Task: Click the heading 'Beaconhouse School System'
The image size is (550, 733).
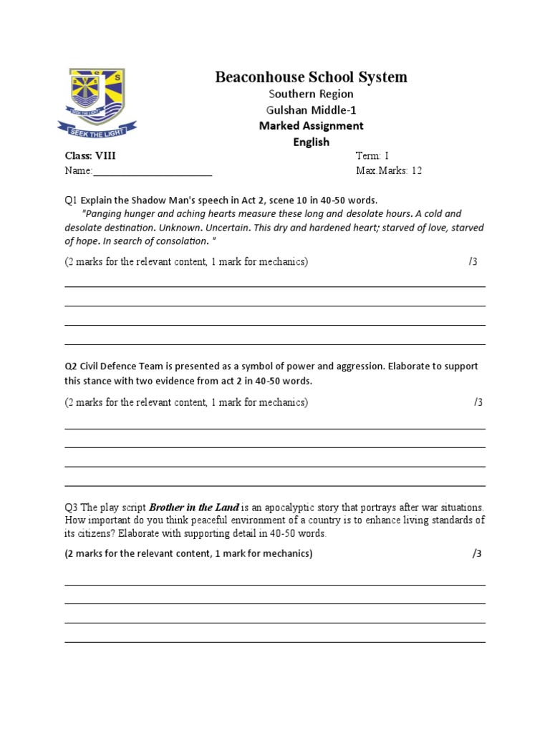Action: click(x=311, y=77)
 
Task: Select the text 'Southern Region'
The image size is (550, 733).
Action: click(x=311, y=94)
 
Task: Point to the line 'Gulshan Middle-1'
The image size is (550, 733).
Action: click(x=311, y=110)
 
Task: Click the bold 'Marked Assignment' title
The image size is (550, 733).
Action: click(x=311, y=126)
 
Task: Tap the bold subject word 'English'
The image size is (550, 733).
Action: click(x=311, y=142)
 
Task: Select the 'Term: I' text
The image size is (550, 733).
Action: click(x=372, y=156)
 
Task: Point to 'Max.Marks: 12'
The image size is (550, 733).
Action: click(x=389, y=171)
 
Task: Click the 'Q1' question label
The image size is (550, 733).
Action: click(x=72, y=200)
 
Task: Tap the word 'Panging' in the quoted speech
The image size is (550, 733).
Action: click(x=105, y=213)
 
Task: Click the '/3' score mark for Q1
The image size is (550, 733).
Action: click(x=473, y=262)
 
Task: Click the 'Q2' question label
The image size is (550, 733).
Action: click(x=72, y=366)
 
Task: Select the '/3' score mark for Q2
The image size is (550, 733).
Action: click(x=478, y=402)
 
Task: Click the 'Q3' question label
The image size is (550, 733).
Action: click(x=72, y=508)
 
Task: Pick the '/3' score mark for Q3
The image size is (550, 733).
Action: click(x=477, y=554)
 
